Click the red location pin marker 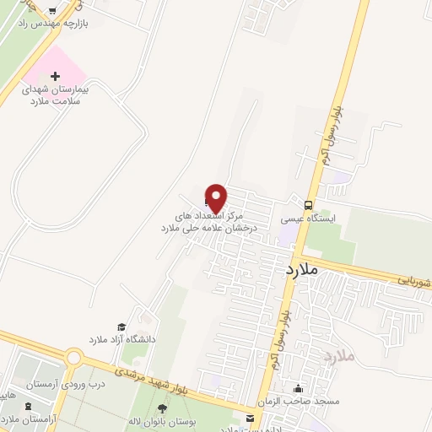click(x=216, y=197)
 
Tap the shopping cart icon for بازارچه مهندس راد click(x=55, y=12)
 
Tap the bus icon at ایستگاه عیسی click(x=310, y=203)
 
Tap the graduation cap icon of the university click(x=121, y=327)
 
